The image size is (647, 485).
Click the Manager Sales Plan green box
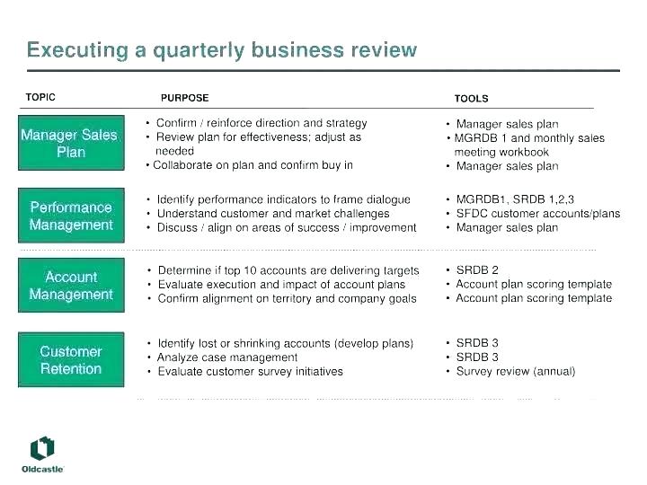(x=71, y=143)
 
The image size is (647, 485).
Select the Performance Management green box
(x=71, y=216)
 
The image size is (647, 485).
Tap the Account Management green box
(x=71, y=285)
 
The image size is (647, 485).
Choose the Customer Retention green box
(x=71, y=359)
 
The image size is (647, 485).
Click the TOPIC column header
(x=40, y=97)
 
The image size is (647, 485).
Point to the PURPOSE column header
(x=185, y=98)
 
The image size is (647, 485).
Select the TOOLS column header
(x=471, y=99)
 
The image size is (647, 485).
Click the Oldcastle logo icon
(x=42, y=448)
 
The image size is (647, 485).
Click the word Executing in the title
(x=78, y=50)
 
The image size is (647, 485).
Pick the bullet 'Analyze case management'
(x=227, y=357)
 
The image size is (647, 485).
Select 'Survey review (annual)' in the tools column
(x=516, y=372)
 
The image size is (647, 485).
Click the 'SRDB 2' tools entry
(x=477, y=270)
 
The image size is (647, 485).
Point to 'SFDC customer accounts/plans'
(x=538, y=214)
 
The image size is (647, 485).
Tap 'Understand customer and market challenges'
(x=273, y=214)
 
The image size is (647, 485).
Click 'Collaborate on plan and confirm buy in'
(x=253, y=165)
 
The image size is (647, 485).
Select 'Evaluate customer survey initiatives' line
(x=251, y=372)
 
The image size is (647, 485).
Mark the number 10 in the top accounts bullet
(x=250, y=270)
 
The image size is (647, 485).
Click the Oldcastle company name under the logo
(x=42, y=470)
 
